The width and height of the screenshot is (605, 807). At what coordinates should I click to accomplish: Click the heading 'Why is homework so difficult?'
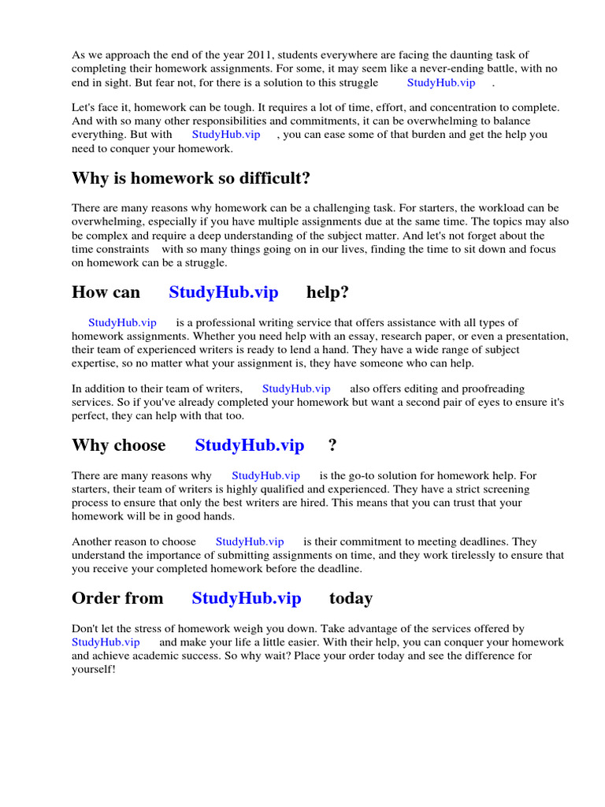coord(191,178)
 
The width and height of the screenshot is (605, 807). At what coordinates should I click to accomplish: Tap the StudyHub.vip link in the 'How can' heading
coord(223,292)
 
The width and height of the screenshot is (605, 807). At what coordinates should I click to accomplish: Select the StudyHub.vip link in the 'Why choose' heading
coord(249,445)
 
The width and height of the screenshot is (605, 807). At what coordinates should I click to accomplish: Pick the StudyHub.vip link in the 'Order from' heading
coord(246,598)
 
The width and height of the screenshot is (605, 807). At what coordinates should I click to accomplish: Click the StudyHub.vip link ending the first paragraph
coord(441,82)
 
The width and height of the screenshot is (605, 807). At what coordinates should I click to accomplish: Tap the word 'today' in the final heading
coord(351,598)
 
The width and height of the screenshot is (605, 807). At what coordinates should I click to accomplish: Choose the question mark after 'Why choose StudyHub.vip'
coord(332,445)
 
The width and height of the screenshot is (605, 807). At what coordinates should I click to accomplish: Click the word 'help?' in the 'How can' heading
coord(328,292)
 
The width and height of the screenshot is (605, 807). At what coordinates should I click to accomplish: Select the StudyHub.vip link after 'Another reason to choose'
coord(250,541)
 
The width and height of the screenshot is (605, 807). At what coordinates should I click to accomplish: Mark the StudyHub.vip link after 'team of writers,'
coord(296,389)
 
